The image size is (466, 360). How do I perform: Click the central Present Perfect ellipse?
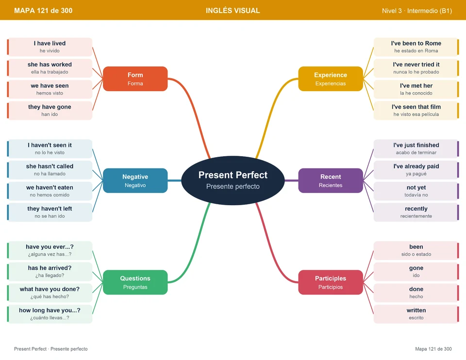[233, 180]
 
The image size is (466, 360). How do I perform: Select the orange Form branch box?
[135, 79]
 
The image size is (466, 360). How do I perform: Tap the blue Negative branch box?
[135, 180]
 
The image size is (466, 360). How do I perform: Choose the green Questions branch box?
[135, 282]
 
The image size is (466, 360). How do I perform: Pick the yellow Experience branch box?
[331, 79]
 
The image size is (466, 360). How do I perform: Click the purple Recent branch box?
[331, 180]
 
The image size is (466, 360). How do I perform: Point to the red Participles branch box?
[331, 282]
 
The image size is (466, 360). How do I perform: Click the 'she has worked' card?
[50, 68]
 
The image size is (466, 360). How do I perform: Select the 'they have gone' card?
[50, 111]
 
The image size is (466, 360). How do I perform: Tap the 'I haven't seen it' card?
[50, 148]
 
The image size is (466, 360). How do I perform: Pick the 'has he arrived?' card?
[50, 272]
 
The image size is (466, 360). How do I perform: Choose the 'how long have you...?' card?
[50, 314]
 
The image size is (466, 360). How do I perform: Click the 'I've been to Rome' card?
[416, 47]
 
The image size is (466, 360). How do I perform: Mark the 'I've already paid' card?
[416, 170]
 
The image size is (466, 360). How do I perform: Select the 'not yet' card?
[416, 191]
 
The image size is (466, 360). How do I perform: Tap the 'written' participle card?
[416, 314]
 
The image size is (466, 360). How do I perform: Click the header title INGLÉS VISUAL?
[233, 11]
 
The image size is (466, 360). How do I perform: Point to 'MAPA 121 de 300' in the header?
[43, 11]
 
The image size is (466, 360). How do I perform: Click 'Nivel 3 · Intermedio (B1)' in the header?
[417, 11]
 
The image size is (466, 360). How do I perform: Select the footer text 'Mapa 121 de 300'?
[433, 349]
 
